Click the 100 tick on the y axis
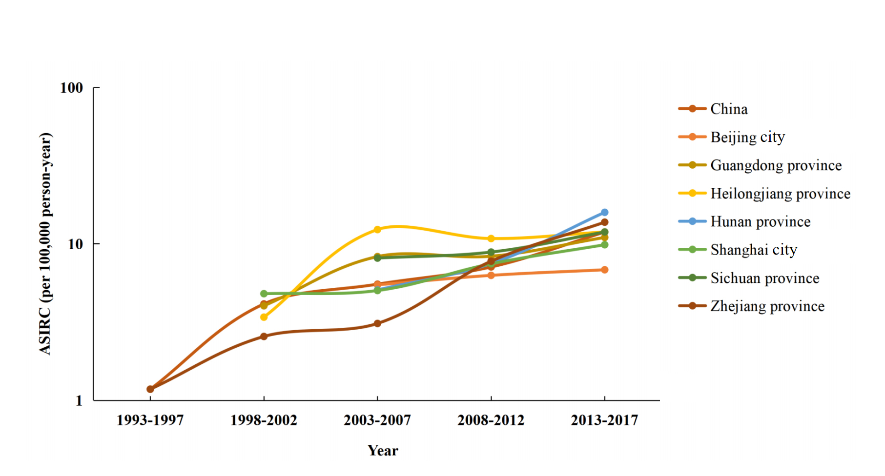click(x=71, y=88)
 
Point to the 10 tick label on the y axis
click(x=75, y=244)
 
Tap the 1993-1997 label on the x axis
click(x=150, y=420)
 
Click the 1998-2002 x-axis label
click(x=264, y=420)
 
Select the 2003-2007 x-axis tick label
click(x=377, y=420)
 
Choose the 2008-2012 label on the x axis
click(x=491, y=420)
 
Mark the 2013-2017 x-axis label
click(x=604, y=420)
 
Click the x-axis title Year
click(x=383, y=450)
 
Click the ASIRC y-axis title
click(x=45, y=243)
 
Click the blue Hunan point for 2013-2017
click(x=604, y=213)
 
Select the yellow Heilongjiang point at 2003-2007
click(x=377, y=229)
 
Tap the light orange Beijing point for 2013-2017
click(x=604, y=270)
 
